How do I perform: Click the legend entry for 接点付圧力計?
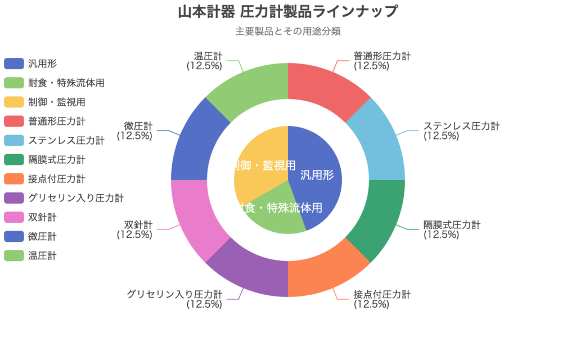coord(56,179)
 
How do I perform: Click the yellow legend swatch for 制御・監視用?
coord(13,102)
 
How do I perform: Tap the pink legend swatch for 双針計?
coord(13,217)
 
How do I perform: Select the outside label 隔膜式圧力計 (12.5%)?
coord(452,229)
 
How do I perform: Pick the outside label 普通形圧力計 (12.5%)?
coord(382,61)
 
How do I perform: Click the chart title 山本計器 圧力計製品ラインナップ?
coord(288,11)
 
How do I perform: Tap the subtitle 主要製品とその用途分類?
coord(288,31)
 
